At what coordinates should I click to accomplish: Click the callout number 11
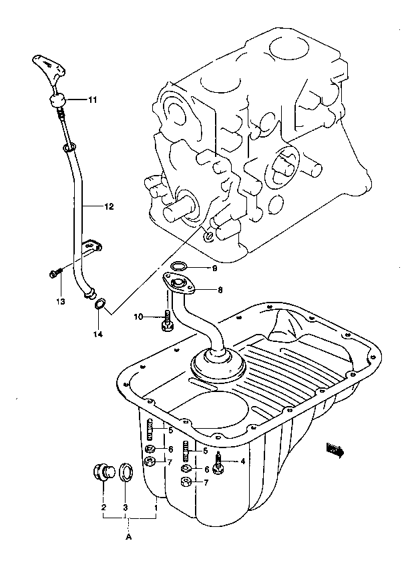[x=92, y=101]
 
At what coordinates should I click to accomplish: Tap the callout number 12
[x=109, y=206]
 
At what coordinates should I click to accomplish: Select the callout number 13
[x=61, y=301]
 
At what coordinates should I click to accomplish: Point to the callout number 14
[x=98, y=334]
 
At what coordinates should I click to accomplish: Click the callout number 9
[x=215, y=268]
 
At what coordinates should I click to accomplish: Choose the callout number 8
[x=220, y=290]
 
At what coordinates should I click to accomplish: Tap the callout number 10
[x=138, y=317]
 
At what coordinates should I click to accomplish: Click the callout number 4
[x=243, y=461]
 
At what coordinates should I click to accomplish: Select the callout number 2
[x=103, y=507]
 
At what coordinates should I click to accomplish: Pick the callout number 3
[x=126, y=507]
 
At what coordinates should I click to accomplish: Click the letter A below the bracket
[x=129, y=537]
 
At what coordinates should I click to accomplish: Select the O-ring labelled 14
[x=99, y=304]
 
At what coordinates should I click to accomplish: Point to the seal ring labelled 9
[x=179, y=266]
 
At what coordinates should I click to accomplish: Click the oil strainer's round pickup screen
[x=218, y=366]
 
